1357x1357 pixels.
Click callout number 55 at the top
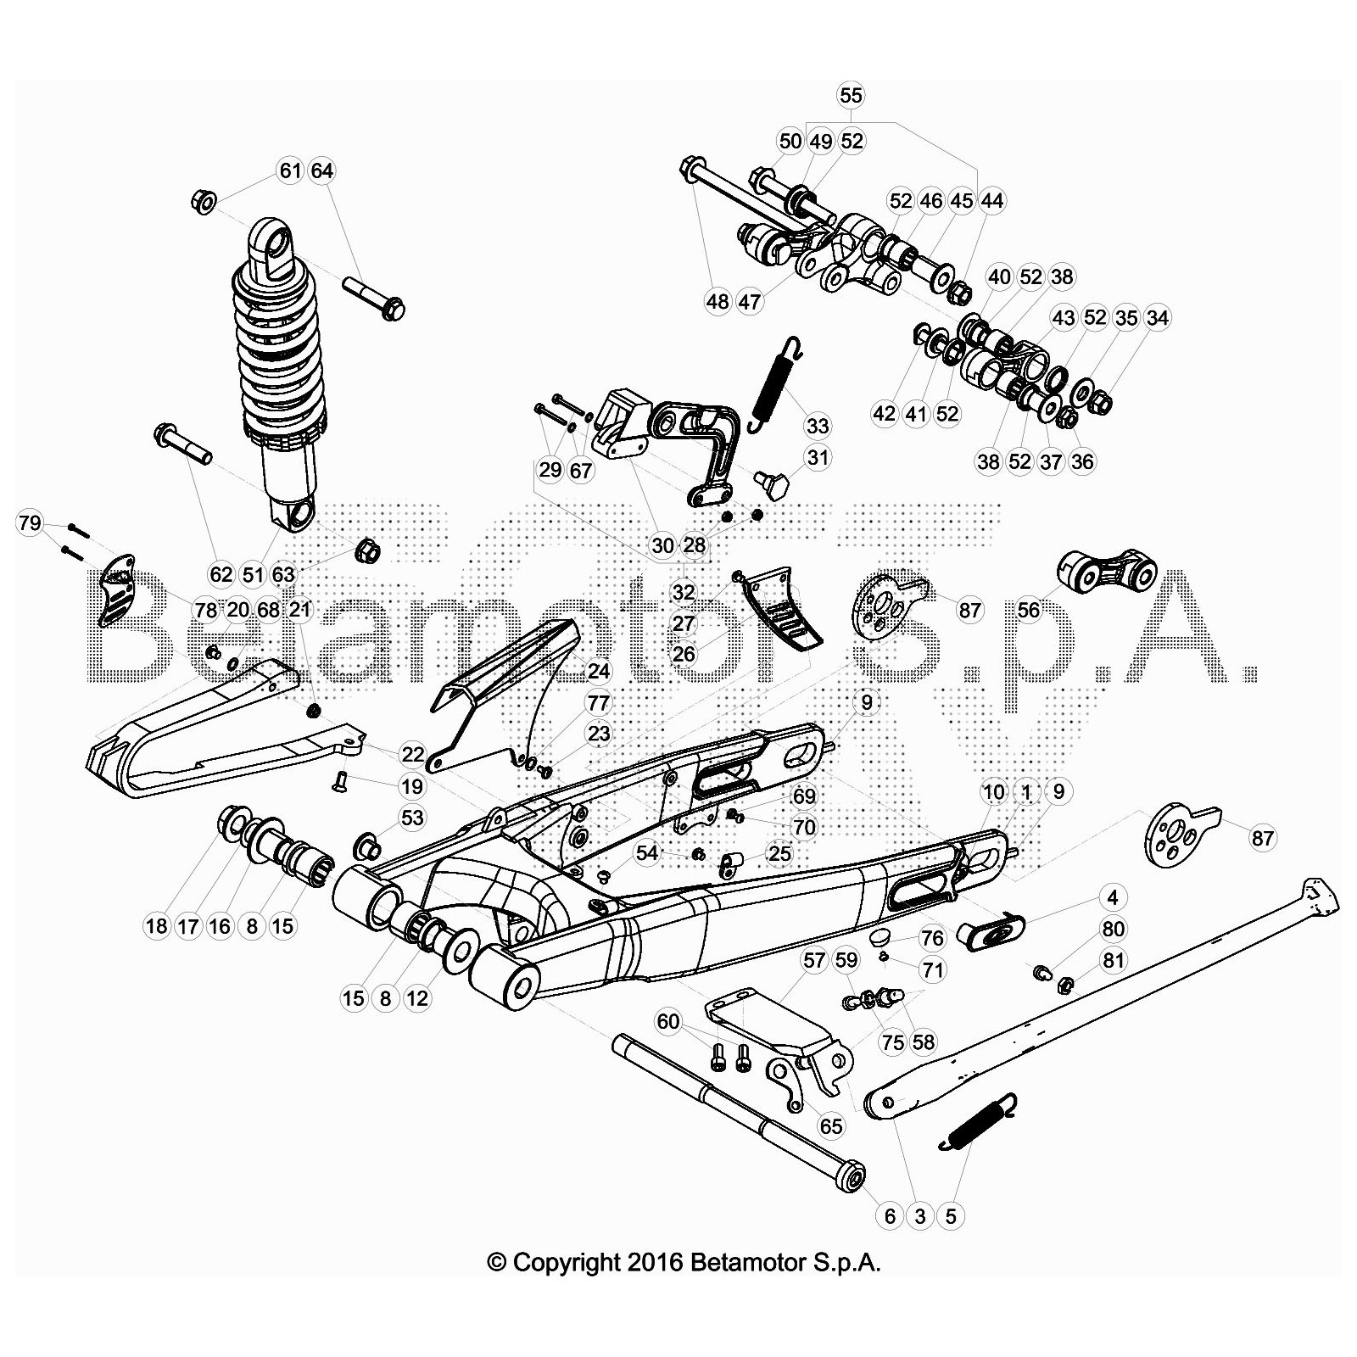[851, 95]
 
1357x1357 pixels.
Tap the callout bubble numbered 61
[291, 170]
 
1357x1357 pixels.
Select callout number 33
[818, 426]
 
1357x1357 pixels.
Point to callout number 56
[1028, 611]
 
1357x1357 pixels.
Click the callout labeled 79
[30, 523]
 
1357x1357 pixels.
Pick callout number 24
[599, 672]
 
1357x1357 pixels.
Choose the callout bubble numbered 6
[890, 1216]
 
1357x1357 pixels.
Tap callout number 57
[814, 960]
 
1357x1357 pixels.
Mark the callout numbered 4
[1113, 897]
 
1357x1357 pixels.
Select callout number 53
[411, 818]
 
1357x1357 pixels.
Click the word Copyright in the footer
[567, 1263]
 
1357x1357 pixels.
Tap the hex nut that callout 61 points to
[203, 202]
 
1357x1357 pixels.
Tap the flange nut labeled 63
[366, 550]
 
